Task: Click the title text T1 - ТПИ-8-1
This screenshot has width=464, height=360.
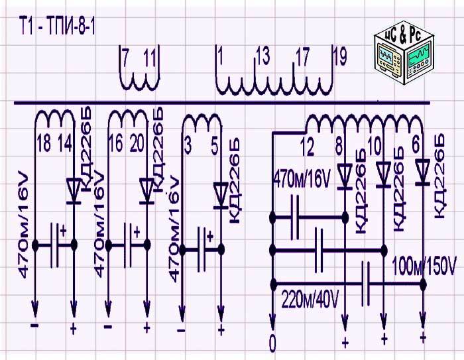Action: [x=57, y=28]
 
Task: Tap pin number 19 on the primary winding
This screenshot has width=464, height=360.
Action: [x=340, y=58]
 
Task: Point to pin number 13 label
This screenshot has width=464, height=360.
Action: [x=262, y=58]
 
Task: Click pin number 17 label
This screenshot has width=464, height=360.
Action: [x=302, y=58]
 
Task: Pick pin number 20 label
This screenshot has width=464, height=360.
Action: [x=137, y=144]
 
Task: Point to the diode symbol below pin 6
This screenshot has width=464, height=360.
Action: [x=422, y=174]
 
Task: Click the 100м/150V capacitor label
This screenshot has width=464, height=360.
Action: [x=424, y=265]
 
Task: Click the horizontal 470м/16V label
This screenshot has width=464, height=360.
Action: [x=302, y=178]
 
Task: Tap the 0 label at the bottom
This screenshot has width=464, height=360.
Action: [x=272, y=343]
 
